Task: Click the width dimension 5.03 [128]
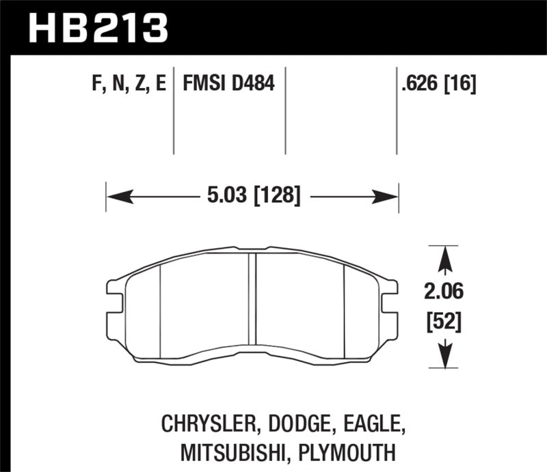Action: pyautogui.click(x=253, y=197)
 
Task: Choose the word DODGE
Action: pyautogui.click(x=293, y=424)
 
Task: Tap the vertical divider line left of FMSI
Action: pyautogui.click(x=174, y=109)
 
